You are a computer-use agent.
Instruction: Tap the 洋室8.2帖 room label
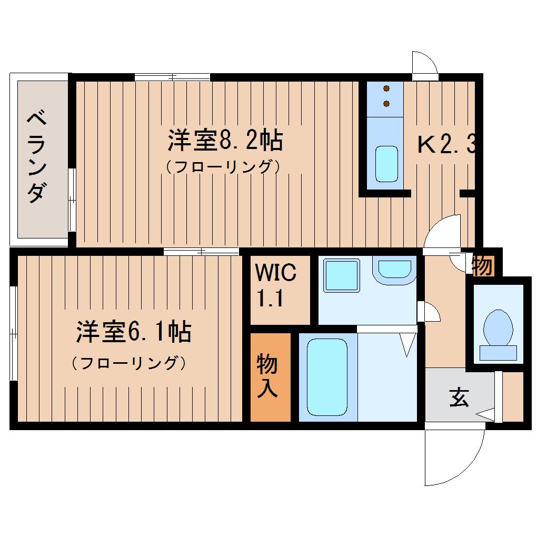tap(225, 141)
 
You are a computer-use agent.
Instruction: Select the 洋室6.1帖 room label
tap(134, 332)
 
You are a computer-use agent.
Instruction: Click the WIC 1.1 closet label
tap(275, 285)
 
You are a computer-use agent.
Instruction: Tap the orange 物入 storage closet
tap(271, 377)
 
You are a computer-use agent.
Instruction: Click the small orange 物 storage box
tap(483, 265)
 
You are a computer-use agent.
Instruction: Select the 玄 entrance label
tap(459, 397)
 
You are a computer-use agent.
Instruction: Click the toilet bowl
tap(498, 328)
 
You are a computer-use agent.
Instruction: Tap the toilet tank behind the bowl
tap(498, 353)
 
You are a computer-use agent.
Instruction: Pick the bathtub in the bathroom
tap(327, 377)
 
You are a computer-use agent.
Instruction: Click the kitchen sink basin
tap(386, 164)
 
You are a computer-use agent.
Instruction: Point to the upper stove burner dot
tap(386, 88)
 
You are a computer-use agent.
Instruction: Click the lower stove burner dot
tap(386, 103)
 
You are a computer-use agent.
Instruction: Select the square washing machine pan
tap(342, 275)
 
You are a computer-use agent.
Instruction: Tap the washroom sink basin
tap(394, 269)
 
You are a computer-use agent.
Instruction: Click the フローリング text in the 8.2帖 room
tap(223, 167)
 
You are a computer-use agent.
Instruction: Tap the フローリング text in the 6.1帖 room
tap(129, 363)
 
